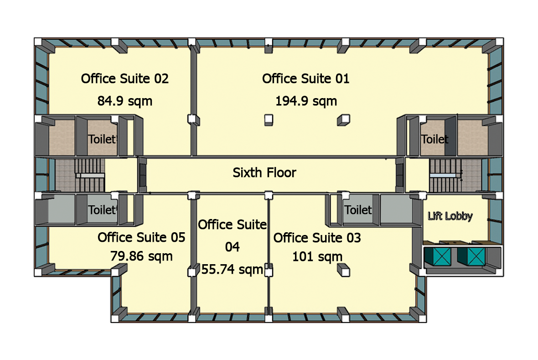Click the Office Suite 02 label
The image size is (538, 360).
(x=125, y=78)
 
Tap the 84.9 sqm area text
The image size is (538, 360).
(x=125, y=101)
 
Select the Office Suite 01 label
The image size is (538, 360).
(x=306, y=78)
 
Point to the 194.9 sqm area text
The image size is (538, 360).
(x=306, y=101)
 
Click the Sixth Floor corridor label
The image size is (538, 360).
(x=264, y=172)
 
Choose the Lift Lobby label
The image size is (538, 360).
(x=450, y=216)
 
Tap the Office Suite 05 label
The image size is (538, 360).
(x=141, y=237)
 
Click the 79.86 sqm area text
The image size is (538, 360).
(x=141, y=256)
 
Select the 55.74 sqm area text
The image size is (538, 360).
(x=232, y=270)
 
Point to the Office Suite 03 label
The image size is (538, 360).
(x=317, y=238)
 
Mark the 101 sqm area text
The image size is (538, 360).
(x=317, y=257)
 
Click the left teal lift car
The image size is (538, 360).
(x=438, y=256)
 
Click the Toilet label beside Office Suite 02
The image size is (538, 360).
(x=102, y=139)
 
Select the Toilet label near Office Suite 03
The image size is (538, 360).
(x=358, y=210)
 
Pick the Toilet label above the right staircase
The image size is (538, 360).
(x=435, y=139)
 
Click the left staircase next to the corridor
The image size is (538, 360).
(x=90, y=175)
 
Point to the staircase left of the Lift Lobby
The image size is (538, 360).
(x=445, y=175)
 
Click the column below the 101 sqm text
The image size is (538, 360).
(x=343, y=270)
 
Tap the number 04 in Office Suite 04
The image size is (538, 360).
(x=232, y=247)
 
